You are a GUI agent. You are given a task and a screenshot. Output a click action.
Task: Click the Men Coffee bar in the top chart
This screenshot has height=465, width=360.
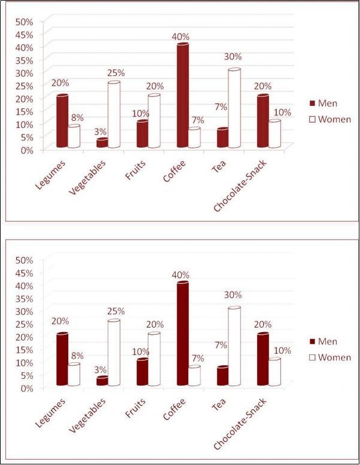pyautogui.click(x=182, y=96)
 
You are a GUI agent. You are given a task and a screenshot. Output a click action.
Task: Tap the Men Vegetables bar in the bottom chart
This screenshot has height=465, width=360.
pyautogui.click(x=102, y=381)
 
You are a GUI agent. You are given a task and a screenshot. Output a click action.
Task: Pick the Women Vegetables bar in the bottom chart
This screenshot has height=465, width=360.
pyautogui.click(x=114, y=353)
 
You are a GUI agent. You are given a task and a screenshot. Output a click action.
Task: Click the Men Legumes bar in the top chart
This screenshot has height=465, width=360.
pyautogui.click(x=62, y=121)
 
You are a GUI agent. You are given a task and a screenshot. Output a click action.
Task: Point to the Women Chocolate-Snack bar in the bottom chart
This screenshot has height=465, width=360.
pyautogui.click(x=274, y=372)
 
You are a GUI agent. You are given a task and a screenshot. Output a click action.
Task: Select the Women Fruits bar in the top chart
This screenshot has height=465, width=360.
pyautogui.click(x=154, y=121)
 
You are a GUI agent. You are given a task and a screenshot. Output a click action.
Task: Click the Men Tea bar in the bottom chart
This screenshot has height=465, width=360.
pyautogui.click(x=222, y=376)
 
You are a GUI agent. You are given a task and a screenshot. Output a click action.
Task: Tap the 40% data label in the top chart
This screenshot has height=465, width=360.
pyautogui.click(x=181, y=36)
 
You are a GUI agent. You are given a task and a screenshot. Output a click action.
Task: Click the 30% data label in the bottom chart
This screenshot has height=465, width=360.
pyautogui.click(x=233, y=295)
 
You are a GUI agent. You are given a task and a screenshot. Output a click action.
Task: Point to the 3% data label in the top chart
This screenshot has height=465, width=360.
pyautogui.click(x=100, y=131)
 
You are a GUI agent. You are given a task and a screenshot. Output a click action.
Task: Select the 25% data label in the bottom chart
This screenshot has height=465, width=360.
pyautogui.click(x=115, y=311)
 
